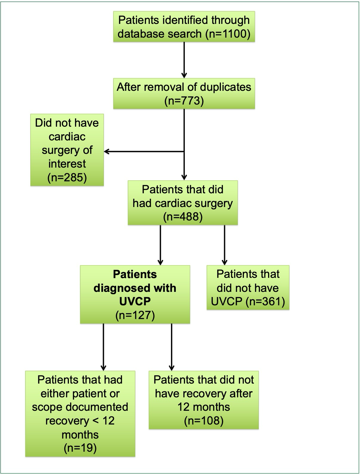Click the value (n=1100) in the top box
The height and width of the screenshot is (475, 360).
tap(228, 34)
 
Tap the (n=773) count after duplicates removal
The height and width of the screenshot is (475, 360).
tap(184, 101)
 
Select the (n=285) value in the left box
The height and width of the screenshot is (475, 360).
tap(67, 177)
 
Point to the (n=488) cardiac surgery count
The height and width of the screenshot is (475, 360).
tap(183, 217)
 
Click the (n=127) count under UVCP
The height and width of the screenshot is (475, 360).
tap(135, 315)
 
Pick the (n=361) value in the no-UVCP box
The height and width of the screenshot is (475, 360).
tap(265, 301)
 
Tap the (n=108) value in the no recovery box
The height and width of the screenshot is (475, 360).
tap(204, 421)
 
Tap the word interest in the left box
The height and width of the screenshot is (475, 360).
tap(67, 164)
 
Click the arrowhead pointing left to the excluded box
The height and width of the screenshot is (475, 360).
tap(107, 151)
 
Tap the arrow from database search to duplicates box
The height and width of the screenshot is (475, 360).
tap(184, 60)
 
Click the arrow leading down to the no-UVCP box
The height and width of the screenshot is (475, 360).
tap(224, 245)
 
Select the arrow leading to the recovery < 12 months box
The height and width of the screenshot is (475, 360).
tap(103, 347)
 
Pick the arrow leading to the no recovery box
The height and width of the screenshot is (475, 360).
tap(172, 347)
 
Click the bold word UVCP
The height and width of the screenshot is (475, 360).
tap(135, 302)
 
